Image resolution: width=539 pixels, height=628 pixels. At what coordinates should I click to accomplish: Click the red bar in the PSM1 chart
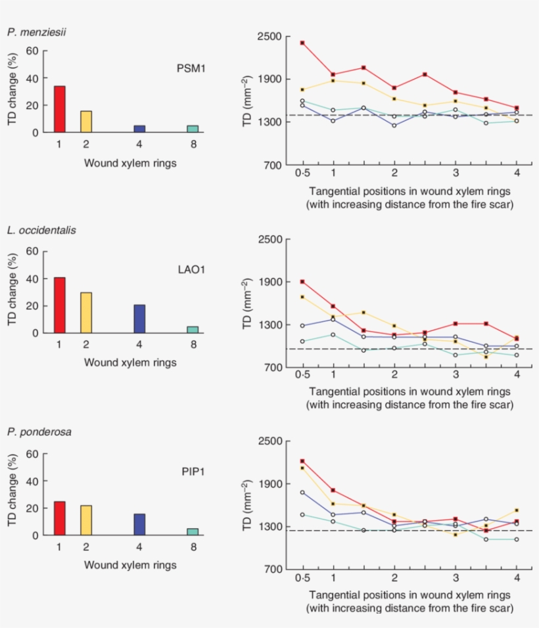pos(59,109)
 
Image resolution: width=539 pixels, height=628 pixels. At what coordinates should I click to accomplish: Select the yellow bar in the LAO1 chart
pos(86,313)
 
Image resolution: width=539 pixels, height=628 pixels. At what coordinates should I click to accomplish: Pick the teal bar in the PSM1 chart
pos(193,129)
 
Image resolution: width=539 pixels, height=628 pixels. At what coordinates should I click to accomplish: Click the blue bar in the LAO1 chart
pos(139,319)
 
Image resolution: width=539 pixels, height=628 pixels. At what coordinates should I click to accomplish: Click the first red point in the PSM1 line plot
pos(302,43)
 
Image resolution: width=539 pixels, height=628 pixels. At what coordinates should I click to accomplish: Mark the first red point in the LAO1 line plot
pos(302,282)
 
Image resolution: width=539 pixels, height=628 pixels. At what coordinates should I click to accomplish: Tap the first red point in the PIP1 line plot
pos(302,461)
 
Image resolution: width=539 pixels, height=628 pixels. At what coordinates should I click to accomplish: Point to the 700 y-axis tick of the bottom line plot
pos(278,569)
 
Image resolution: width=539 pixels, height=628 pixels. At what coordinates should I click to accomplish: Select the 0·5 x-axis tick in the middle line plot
pos(302,374)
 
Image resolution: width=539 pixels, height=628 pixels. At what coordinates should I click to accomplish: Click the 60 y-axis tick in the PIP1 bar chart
pos(32,453)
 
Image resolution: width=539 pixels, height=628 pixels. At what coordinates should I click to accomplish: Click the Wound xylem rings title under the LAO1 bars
pos(129,362)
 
